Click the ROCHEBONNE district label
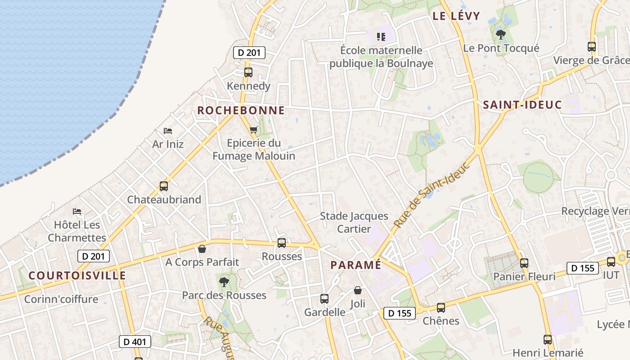(x=241, y=110)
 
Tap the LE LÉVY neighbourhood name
(x=456, y=16)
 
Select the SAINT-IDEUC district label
(x=522, y=105)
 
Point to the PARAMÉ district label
(x=355, y=265)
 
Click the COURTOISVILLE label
(x=77, y=275)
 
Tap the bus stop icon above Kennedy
(x=248, y=72)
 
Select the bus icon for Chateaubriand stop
(x=164, y=186)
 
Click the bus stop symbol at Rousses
(x=282, y=243)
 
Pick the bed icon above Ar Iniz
(x=168, y=131)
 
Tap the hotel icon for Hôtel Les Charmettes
(x=77, y=211)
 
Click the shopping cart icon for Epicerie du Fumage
(x=253, y=130)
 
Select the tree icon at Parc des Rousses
(x=224, y=282)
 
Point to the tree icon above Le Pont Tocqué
(x=500, y=34)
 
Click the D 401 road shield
(x=135, y=342)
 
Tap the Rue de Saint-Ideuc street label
(x=432, y=194)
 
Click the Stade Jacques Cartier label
(x=354, y=222)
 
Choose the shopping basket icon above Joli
(x=358, y=290)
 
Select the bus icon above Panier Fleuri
(x=524, y=263)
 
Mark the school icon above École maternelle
(x=381, y=36)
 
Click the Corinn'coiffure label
(x=61, y=299)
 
